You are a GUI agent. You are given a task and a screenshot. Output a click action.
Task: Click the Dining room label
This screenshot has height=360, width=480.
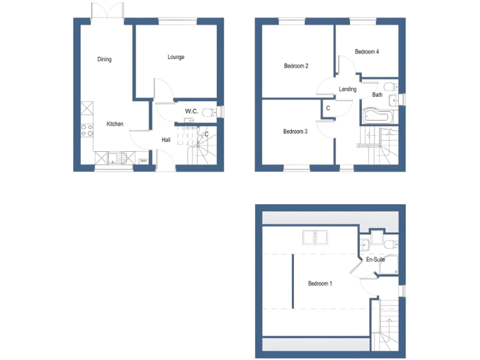[x=104, y=60]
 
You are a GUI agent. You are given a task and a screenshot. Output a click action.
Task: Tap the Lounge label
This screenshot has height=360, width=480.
[x=176, y=57]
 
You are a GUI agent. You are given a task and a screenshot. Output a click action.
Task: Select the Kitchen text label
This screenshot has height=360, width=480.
[x=114, y=124]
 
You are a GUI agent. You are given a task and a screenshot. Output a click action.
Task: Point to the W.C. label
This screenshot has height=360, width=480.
[x=191, y=111]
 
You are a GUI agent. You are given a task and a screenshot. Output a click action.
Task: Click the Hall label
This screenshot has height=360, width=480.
[x=166, y=140]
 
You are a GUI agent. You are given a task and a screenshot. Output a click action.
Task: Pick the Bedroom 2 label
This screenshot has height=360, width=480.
[x=296, y=66]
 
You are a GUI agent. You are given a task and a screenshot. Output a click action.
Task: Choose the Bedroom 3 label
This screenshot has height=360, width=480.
[x=295, y=131]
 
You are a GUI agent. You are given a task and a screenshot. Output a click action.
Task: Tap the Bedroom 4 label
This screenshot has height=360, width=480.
[x=367, y=52]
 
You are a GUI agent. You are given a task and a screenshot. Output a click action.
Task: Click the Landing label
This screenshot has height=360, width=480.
[x=347, y=89]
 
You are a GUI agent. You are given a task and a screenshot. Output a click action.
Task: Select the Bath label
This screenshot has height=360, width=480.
[x=377, y=95]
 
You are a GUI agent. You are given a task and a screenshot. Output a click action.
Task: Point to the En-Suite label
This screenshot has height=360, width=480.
[x=375, y=259]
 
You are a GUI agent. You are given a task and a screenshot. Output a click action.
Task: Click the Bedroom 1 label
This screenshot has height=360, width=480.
[x=320, y=284]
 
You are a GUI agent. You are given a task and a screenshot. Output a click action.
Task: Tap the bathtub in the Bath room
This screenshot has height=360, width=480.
[x=378, y=116]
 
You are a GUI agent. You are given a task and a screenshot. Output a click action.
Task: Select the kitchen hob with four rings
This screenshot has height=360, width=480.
[x=87, y=131]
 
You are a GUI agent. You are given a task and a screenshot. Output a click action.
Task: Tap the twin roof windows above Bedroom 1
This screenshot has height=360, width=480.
[x=316, y=236]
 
